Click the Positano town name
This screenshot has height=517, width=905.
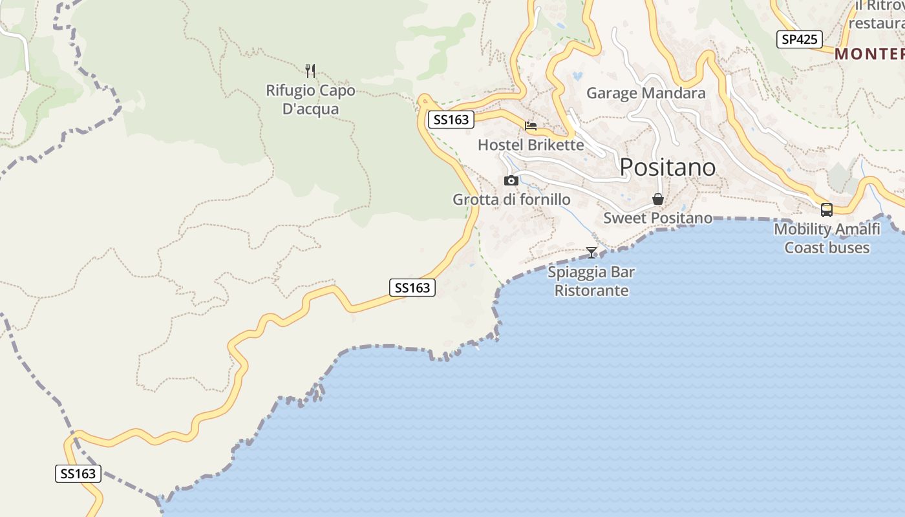coord(667,167)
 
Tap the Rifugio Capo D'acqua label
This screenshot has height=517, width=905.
coord(310,100)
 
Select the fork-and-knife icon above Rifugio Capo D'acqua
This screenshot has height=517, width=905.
coord(310,70)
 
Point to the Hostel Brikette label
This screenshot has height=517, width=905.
coord(530,145)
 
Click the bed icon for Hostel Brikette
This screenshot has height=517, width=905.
coord(531,125)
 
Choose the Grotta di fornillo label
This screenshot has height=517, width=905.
coord(511,199)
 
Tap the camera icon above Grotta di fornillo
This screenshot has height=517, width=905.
coord(511,180)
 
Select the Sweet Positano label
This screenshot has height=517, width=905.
coord(657,218)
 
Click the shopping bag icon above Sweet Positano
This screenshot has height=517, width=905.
coord(658,199)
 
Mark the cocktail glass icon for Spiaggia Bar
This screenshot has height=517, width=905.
coord(591,252)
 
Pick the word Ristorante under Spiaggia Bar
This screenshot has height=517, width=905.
coord(591,291)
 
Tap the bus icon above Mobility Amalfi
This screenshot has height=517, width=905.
coord(827,209)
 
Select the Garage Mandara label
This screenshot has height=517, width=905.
coord(645,93)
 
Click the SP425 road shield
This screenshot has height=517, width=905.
coord(799,39)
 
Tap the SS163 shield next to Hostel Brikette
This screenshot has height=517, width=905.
coord(451,120)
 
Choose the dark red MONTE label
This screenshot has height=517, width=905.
coord(869,54)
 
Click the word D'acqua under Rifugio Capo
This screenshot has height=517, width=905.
coord(310,109)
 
